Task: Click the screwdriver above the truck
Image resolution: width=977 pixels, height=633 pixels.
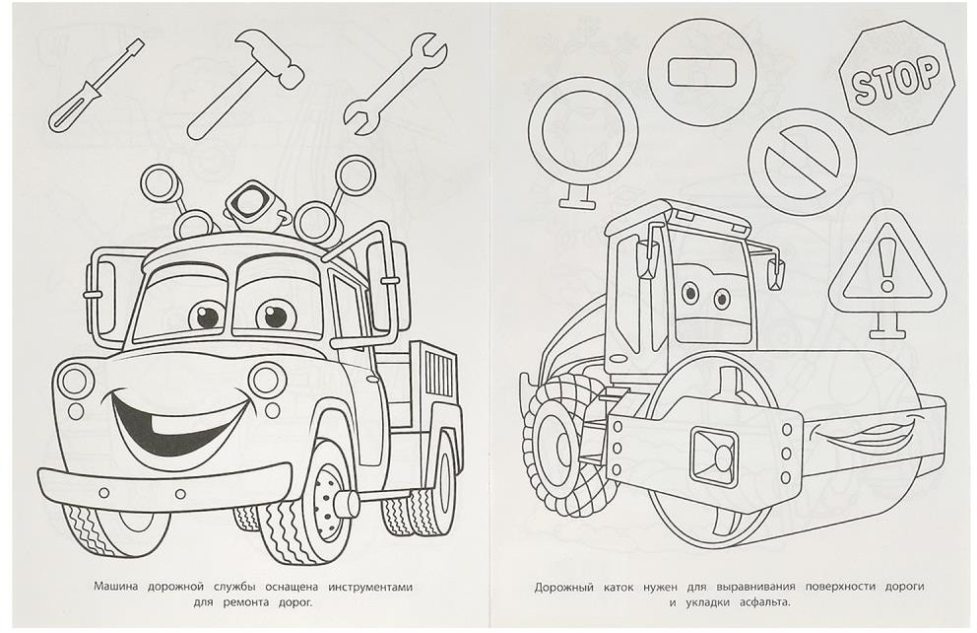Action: pos(96,86)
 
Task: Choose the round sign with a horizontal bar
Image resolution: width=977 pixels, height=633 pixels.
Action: pos(701,72)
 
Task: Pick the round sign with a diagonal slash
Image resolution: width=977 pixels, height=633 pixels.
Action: pos(803,162)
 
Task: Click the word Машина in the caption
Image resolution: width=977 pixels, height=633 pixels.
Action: pos(118,587)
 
